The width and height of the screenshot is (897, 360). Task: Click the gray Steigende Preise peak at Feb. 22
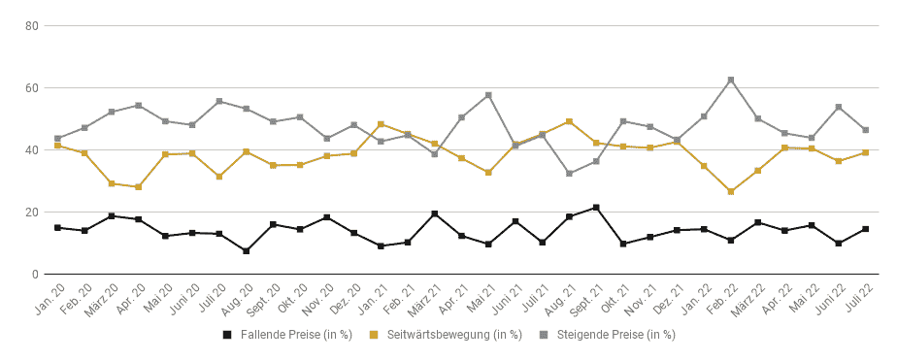731,80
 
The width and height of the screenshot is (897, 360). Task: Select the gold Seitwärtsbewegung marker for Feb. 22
731,191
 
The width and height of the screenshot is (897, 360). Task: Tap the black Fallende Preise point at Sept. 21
596,208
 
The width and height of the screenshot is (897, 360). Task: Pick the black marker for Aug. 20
246,251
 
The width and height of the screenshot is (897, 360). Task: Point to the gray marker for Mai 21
488,95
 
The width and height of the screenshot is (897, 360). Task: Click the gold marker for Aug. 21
569,121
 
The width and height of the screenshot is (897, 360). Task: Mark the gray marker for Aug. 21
569,173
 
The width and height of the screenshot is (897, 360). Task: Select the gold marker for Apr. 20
139,187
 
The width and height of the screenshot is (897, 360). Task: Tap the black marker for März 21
435,213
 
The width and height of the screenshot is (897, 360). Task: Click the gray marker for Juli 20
219,101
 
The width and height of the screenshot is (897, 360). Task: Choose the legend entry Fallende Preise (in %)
287,335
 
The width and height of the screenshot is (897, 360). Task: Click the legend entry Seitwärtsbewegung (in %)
447,335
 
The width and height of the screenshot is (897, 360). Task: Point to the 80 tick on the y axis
31,25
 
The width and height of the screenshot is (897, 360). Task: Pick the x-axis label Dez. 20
344,298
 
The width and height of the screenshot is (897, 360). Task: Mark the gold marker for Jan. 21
381,124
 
